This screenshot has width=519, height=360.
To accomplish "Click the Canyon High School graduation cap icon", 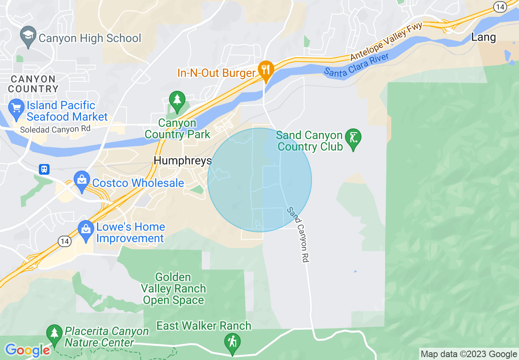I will [28, 35].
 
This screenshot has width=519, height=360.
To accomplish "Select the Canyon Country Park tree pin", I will [177, 101].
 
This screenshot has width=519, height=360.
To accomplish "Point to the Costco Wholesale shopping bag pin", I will [82, 181].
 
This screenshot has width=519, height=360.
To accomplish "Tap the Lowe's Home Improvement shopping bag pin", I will [86, 231].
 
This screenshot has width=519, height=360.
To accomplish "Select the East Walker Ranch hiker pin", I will [232, 342].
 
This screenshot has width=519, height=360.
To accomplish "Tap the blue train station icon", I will [44, 169].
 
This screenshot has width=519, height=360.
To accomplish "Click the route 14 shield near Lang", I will [500, 7].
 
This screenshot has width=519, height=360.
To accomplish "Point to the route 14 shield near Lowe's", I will [64, 241].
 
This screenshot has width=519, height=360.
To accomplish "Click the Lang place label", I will [483, 37].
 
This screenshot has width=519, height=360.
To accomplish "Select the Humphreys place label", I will [183, 161].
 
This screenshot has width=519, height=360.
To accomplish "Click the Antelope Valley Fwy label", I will [386, 42].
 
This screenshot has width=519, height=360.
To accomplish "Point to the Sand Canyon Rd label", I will [298, 235].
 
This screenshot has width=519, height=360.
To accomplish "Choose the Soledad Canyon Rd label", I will [55, 129].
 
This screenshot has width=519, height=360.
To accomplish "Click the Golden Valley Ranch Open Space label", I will [173, 289].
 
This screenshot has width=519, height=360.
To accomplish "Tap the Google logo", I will [27, 350].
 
